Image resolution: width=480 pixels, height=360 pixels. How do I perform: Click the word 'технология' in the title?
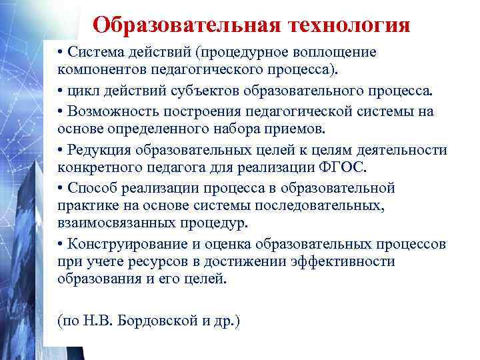349,25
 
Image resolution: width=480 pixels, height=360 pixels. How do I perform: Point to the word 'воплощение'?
337,52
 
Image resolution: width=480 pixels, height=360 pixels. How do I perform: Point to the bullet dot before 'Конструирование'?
61,243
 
